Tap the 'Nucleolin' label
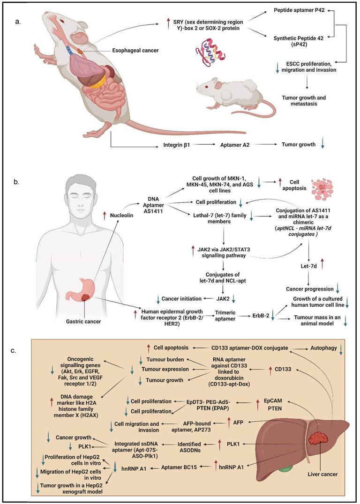(118, 216)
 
